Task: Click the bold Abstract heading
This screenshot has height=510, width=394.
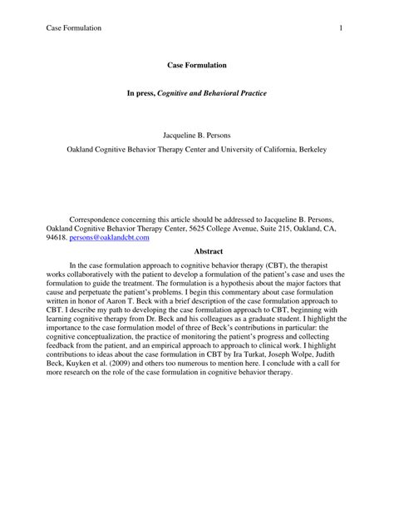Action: pos(196,250)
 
